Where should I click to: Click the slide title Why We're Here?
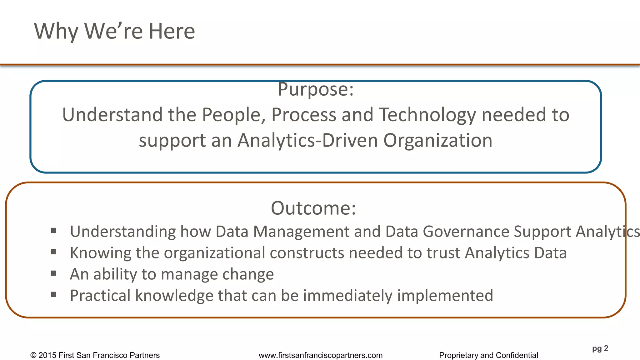point(114,31)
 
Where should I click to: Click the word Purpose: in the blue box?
point(316,89)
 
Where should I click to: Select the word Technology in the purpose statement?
point(427,115)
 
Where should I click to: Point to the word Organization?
point(438,140)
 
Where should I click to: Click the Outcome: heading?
point(313,208)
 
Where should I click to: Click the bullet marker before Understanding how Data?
point(54,231)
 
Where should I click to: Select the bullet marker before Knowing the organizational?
point(54,252)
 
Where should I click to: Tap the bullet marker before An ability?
point(54,273)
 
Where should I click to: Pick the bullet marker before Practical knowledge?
point(54,294)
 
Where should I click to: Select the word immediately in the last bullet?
point(347,295)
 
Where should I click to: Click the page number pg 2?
point(600,348)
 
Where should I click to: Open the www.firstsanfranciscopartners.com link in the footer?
point(321,355)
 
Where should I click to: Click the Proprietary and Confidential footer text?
point(488,355)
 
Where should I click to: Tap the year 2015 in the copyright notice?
point(47,355)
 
